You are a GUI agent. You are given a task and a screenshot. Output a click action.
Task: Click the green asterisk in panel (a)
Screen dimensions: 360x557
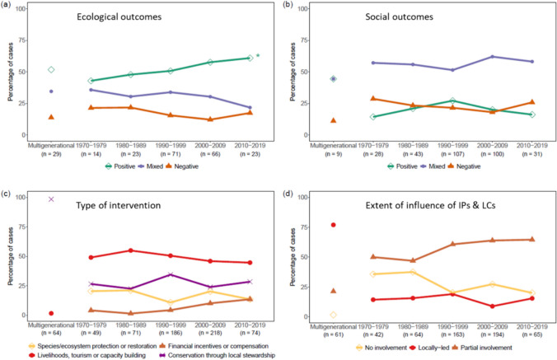[258, 56]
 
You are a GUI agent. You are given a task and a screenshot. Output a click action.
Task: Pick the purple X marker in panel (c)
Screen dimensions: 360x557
[51, 199]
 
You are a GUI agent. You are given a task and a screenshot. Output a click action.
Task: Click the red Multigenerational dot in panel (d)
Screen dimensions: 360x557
[333, 225]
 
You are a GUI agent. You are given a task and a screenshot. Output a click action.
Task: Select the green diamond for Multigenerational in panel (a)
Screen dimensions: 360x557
[51, 70]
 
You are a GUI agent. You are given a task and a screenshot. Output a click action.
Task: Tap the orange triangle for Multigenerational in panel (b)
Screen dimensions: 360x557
[333, 120]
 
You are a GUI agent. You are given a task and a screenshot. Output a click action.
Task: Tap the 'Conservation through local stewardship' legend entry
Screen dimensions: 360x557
[218, 351]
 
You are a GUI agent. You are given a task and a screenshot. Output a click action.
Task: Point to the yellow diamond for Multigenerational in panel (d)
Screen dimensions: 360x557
[333, 315]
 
